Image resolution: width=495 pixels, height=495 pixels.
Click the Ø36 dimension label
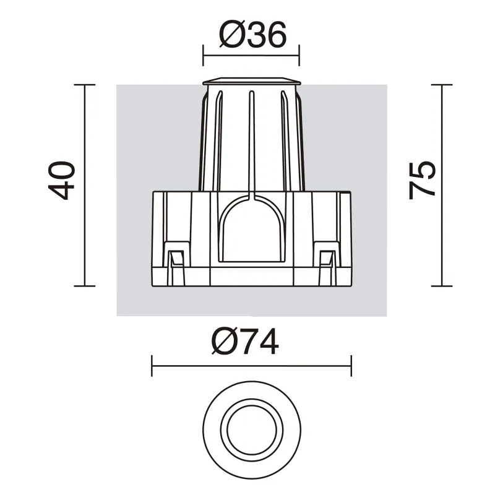252,35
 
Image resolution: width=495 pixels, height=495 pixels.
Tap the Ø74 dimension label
245,342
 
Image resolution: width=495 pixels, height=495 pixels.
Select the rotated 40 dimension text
61,180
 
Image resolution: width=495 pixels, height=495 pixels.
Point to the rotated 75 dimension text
422,180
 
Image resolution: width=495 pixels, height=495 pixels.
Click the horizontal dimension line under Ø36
251,55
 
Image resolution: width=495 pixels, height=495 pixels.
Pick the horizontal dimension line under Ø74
252,366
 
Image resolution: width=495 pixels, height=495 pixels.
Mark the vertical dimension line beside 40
85,185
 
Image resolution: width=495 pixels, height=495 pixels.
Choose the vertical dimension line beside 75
442,185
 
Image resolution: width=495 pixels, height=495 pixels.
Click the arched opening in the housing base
252,228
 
